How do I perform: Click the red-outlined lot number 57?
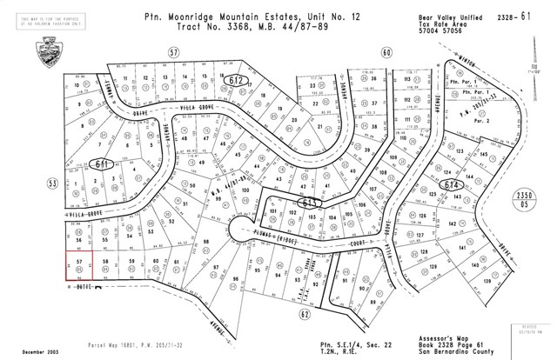coord(79,260)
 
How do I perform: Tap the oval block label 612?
coord(237,80)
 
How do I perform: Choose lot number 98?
coord(206,242)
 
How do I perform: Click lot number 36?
coord(372,79)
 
